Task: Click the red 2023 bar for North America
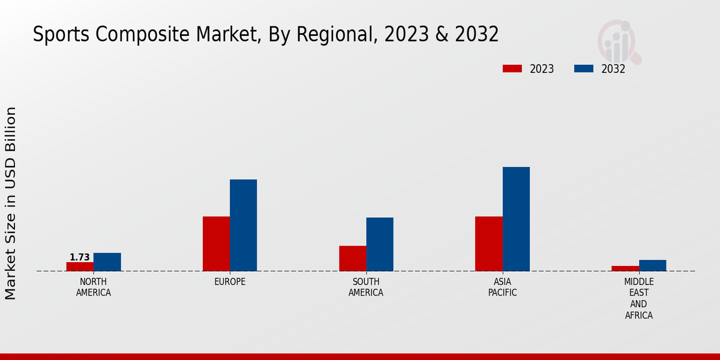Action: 80,266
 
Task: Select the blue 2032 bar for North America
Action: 107,262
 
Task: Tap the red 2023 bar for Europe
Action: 216,244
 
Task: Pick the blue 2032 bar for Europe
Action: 243,225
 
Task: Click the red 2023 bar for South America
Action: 352,258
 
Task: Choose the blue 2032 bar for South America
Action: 380,244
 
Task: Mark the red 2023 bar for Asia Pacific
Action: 488,244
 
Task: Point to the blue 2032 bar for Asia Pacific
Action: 516,219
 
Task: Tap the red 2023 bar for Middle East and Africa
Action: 625,268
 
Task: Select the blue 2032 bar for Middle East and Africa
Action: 652,265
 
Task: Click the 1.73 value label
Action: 80,257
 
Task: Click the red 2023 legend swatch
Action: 512,68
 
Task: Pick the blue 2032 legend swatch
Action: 583,68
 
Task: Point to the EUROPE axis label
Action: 230,281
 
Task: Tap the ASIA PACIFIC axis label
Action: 502,287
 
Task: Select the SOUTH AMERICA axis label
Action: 366,287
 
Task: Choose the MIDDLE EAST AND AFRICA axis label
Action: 638,298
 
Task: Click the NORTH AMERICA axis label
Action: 94,287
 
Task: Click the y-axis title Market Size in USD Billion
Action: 11,203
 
